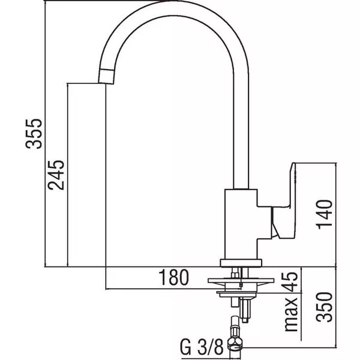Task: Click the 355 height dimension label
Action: coord(34,134)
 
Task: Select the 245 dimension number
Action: coord(56,175)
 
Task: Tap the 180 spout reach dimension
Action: coord(174,277)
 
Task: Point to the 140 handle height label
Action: coord(324,214)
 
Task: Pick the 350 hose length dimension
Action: coord(324,307)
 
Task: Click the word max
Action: coord(290,314)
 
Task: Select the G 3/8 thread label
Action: coord(202,347)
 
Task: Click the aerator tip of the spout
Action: coord(106,76)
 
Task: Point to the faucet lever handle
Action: coord(284,200)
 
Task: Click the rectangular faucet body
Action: coord(241,224)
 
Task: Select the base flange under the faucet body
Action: coord(241,263)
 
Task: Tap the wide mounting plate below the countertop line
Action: coord(241,281)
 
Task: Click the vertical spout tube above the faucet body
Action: coord(241,131)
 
